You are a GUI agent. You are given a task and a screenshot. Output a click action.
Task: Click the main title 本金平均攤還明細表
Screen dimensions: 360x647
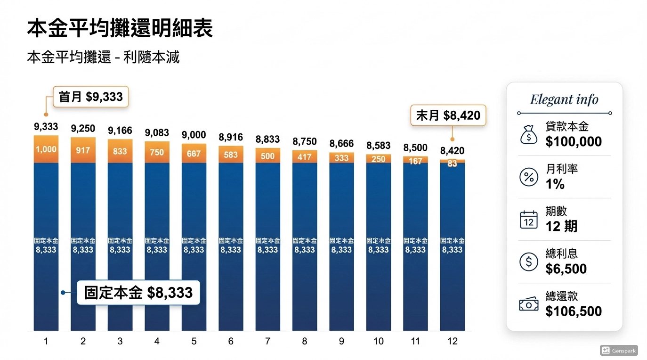point(120,29)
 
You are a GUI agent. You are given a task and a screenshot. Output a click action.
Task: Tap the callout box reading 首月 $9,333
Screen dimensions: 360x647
point(90,97)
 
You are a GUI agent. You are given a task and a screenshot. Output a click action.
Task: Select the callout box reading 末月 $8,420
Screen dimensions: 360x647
point(448,115)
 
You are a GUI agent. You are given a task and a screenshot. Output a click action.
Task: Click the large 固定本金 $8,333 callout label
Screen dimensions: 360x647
point(138,292)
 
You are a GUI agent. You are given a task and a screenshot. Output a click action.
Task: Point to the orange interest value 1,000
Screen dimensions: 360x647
point(46,149)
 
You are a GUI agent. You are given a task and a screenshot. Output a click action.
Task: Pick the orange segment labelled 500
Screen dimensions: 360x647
point(267,156)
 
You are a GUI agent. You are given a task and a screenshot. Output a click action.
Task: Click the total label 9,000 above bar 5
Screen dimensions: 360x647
point(194,135)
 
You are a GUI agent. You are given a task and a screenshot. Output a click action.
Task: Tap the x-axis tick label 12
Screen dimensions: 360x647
point(452,341)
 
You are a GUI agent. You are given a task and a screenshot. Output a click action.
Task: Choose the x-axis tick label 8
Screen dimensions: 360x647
point(304,341)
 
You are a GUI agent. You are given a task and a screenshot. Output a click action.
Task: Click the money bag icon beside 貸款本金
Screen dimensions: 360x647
point(528,135)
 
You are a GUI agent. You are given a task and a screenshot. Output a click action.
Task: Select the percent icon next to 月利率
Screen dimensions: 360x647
point(528,177)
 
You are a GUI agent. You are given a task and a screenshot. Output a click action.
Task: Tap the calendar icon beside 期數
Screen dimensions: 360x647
point(528,220)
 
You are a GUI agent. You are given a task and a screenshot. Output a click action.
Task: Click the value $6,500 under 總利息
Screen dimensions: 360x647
point(566,269)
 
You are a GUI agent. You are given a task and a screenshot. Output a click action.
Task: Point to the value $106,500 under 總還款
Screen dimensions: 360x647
point(574,311)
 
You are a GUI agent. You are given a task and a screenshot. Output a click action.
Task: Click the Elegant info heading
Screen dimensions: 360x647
point(564,99)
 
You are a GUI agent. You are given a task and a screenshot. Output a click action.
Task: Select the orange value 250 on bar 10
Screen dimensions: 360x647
point(378,159)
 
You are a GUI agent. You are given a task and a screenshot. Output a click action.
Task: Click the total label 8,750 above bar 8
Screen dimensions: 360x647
point(304,142)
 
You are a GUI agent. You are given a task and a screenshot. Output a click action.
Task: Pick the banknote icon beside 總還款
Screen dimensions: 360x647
point(528,304)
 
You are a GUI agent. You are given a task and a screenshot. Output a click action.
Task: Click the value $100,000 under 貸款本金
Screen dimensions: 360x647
point(574,142)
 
